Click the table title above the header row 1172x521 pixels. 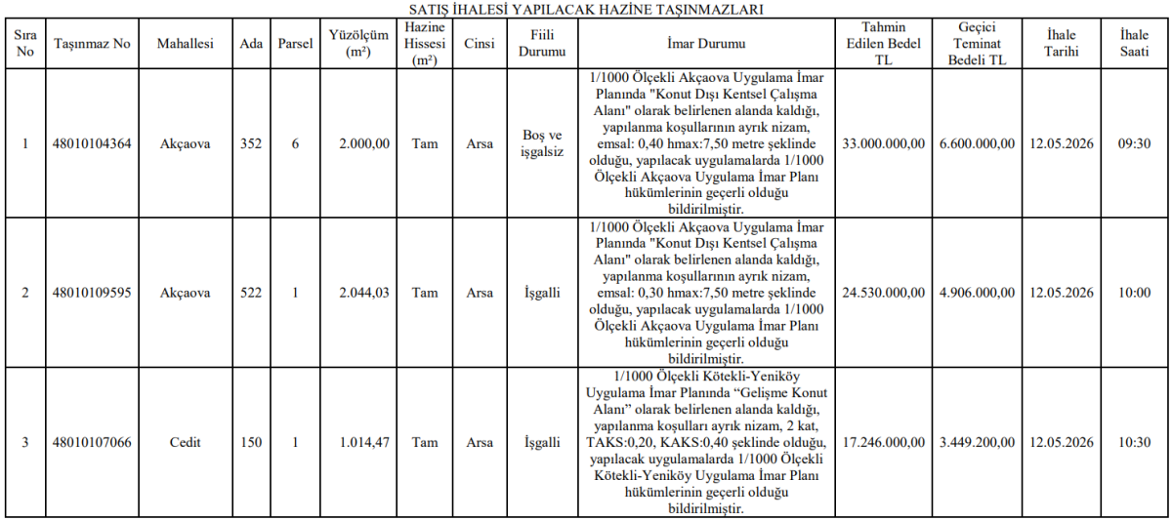[x=586, y=9]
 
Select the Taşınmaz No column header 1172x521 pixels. [x=92, y=45]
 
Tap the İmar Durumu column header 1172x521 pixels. [x=706, y=45]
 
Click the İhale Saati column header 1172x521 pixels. [x=1134, y=45]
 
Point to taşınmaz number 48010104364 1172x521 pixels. [x=92, y=143]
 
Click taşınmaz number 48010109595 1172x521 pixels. [x=92, y=293]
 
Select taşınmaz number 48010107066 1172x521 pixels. [x=92, y=442]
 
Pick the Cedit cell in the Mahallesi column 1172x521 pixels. [x=185, y=442]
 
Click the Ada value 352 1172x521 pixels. [x=251, y=143]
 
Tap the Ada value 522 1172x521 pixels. [x=251, y=293]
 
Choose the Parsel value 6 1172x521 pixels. [x=295, y=143]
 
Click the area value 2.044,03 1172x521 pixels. [x=364, y=293]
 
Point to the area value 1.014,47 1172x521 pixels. [x=364, y=442]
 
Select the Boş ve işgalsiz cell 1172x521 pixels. [x=542, y=143]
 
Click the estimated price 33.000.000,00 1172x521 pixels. [x=883, y=143]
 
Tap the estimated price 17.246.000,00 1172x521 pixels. [x=883, y=442]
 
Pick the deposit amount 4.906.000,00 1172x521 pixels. [x=977, y=293]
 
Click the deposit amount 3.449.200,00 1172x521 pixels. [x=977, y=442]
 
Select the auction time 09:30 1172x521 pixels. [x=1134, y=143]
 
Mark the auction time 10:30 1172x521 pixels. [x=1134, y=442]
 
